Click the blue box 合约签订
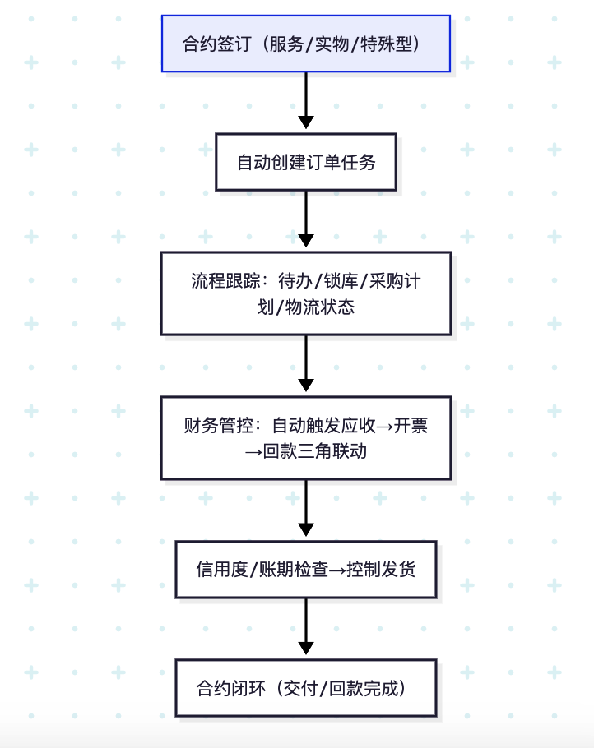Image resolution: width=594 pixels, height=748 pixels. [x=305, y=44]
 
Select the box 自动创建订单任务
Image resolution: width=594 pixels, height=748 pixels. [x=305, y=162]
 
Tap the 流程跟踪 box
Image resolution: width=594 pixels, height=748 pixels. [x=305, y=293]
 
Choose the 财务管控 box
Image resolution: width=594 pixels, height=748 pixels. [x=305, y=438]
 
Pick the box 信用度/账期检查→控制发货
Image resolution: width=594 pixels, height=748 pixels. [x=305, y=569]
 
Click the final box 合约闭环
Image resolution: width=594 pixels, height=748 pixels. [x=305, y=687]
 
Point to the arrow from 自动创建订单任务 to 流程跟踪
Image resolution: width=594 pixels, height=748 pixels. [x=305, y=219]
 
